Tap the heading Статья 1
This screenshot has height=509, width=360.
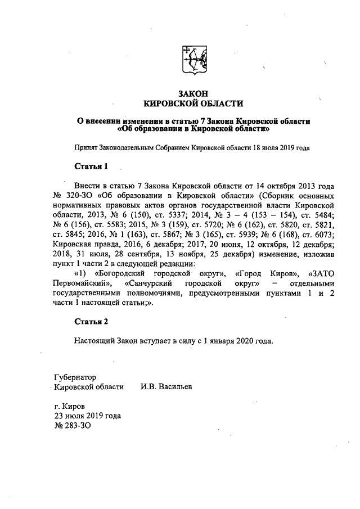(x=91, y=166)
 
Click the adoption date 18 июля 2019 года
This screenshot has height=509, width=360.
(x=277, y=147)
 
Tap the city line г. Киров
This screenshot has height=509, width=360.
(x=69, y=406)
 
